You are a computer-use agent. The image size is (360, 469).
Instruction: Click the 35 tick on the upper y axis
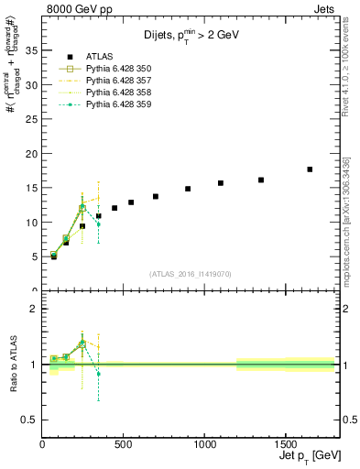point(32,50)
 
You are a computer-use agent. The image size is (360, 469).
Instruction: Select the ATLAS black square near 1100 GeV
point(221,183)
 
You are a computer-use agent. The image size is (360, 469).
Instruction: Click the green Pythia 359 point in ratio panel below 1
point(98,374)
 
